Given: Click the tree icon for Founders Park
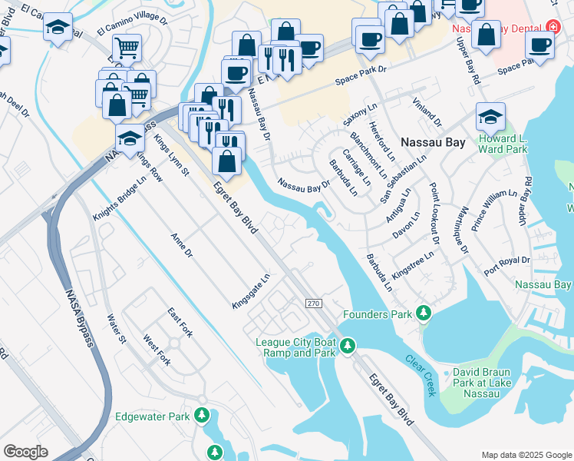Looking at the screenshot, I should coord(422,313).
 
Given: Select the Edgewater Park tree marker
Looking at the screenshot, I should coord(202,416).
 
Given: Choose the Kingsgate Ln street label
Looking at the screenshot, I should coord(252,292).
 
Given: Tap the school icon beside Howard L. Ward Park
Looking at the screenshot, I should coord(490,118).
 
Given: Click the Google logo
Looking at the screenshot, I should coord(25,452).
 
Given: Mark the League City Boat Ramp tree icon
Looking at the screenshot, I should coord(348,347).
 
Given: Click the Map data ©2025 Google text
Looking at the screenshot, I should coord(526,455).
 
